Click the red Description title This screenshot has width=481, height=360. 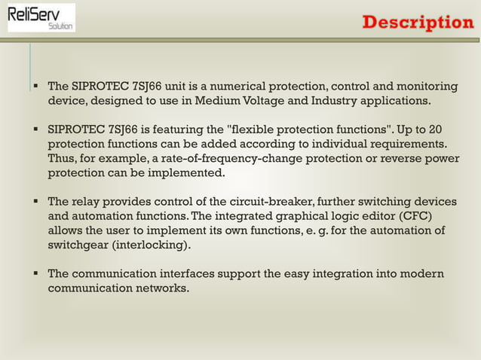pos(418,23)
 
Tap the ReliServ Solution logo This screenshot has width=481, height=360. pos(41,17)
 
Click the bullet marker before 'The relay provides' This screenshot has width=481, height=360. pos(35,202)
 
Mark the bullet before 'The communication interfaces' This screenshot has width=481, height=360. pos(35,274)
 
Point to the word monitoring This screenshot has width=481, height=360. pos(427,85)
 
